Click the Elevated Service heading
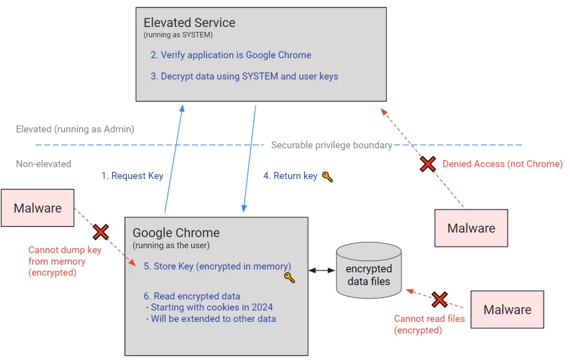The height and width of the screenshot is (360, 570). [x=189, y=23]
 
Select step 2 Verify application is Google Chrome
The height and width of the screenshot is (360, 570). [x=231, y=55]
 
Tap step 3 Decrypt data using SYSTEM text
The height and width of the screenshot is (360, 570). [x=245, y=77]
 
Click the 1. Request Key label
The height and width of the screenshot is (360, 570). [x=132, y=176]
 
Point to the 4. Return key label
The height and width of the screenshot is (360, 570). [x=291, y=176]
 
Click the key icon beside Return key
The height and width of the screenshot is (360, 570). [x=327, y=177]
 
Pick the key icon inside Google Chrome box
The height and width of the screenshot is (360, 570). [x=289, y=277]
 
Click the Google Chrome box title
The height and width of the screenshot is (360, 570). [x=176, y=233]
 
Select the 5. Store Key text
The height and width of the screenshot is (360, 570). [x=218, y=266]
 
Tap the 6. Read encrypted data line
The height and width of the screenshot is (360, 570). [x=192, y=296]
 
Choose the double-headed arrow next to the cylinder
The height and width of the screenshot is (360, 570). [x=321, y=270]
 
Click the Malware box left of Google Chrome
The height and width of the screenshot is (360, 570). [x=37, y=208]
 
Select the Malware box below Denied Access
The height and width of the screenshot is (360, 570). [x=471, y=228]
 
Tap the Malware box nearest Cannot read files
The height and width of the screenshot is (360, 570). [x=507, y=310]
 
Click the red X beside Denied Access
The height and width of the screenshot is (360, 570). [x=428, y=164]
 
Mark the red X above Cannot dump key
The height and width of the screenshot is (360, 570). [x=101, y=232]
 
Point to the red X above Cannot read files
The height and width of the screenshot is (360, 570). [x=439, y=299]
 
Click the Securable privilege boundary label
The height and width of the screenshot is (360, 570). [x=332, y=145]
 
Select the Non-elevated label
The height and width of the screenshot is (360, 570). [x=44, y=164]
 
